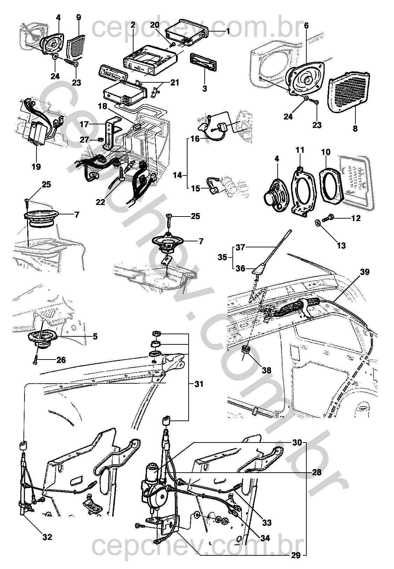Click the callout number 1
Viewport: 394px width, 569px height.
coord(228,32)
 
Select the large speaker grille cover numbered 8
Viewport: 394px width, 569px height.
coord(347,92)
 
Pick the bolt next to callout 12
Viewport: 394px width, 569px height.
coord(331,218)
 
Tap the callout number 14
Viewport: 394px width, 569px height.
coord(178,175)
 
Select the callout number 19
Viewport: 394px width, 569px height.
coord(36,166)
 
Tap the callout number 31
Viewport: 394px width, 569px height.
coord(199,384)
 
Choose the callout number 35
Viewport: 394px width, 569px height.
coord(222,258)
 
